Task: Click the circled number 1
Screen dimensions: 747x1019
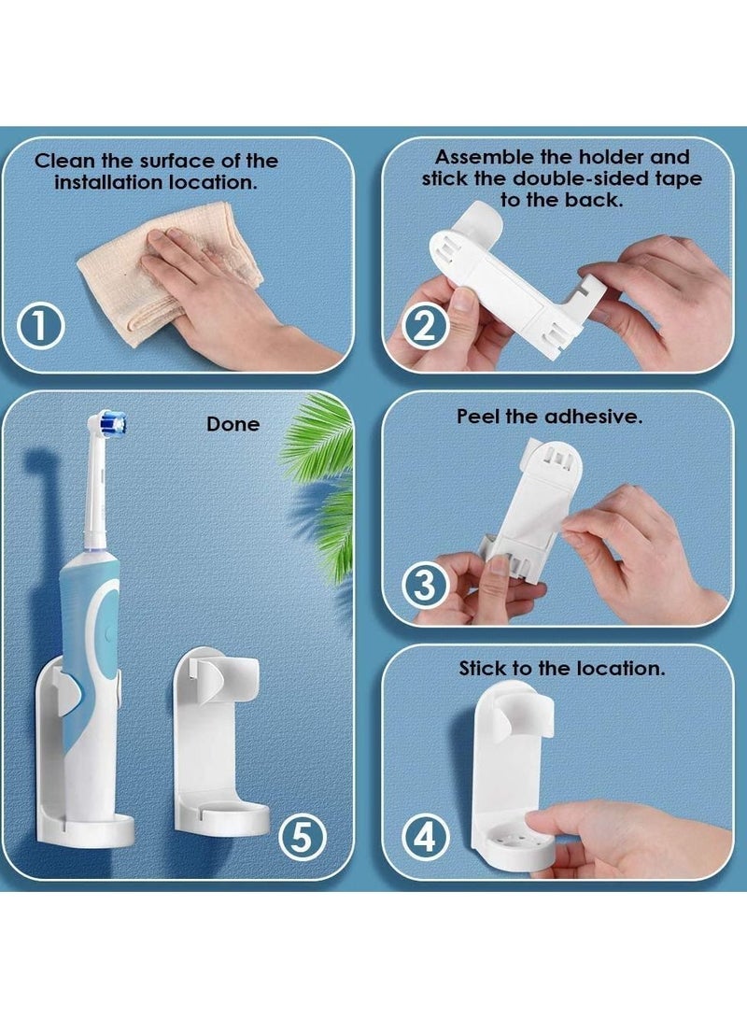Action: (39, 327)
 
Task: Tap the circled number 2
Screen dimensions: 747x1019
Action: (425, 327)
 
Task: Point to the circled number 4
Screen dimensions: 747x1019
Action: (425, 836)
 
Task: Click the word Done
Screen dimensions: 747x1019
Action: (233, 424)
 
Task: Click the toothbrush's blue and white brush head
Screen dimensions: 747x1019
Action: (107, 424)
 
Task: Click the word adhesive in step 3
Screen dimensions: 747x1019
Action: (593, 417)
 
